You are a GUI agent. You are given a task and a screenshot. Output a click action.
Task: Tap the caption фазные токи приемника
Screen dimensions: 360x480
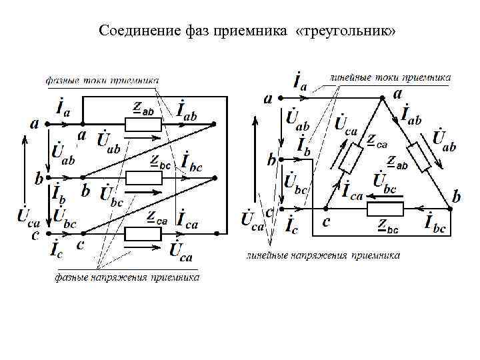pos(102,80)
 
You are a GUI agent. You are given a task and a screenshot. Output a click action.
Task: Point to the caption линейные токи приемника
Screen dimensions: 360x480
pos(390,78)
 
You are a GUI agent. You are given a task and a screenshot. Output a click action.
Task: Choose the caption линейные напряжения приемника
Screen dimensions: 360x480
pos(323,255)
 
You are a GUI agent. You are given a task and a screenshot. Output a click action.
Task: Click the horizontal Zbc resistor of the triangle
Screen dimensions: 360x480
pos(385,209)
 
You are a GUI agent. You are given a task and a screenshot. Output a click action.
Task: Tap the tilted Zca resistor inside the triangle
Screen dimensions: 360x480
pos(351,159)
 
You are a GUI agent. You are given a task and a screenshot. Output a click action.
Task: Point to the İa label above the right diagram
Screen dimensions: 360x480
pos(300,83)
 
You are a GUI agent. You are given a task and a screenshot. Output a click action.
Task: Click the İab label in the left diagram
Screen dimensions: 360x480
pos(187,110)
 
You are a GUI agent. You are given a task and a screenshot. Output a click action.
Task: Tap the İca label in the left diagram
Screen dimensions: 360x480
pos(187,219)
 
